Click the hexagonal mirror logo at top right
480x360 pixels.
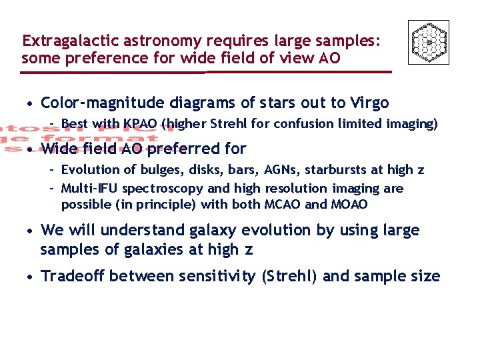pos(428,42)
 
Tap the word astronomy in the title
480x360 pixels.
pos(147,41)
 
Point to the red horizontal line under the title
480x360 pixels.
pos(207,71)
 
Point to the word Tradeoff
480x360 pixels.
pos(73,276)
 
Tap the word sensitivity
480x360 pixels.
pos(216,276)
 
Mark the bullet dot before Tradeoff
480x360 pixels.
pos(30,277)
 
